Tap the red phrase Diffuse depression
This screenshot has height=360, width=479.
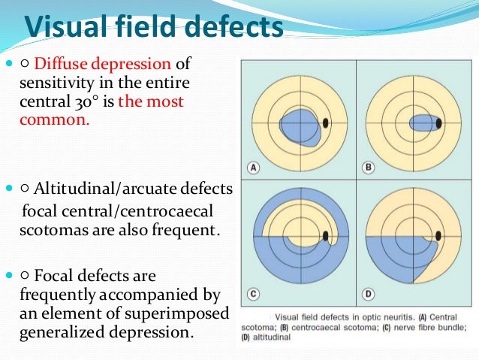[x=104, y=65]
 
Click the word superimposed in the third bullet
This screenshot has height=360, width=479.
[x=181, y=312]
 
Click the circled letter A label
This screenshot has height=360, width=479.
[x=253, y=168]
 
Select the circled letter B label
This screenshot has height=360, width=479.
[x=369, y=168]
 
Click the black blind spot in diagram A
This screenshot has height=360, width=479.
[x=326, y=123]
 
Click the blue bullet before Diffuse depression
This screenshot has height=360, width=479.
[x=9, y=65]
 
